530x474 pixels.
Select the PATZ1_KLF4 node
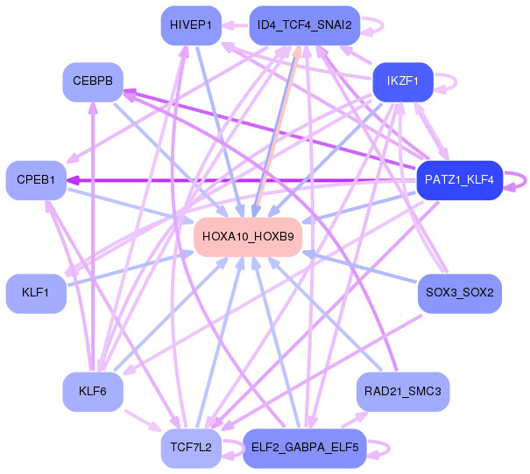[459, 180]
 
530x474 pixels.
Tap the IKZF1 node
[403, 81]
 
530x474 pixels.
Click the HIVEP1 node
[190, 25]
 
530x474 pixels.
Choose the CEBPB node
[92, 81]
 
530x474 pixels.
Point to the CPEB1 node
[36, 180]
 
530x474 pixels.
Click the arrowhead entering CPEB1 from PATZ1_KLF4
[73, 180]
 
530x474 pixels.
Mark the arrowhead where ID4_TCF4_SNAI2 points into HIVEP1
[226, 25]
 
